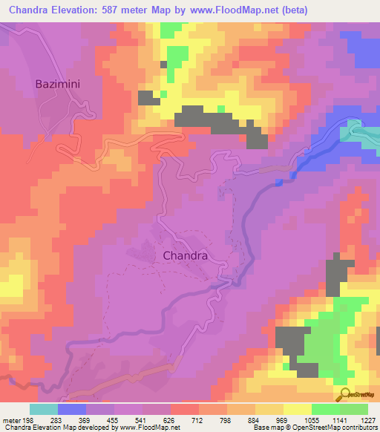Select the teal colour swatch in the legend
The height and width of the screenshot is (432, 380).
tap(44, 409)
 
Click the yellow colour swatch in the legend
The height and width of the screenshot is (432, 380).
tap(298, 409)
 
